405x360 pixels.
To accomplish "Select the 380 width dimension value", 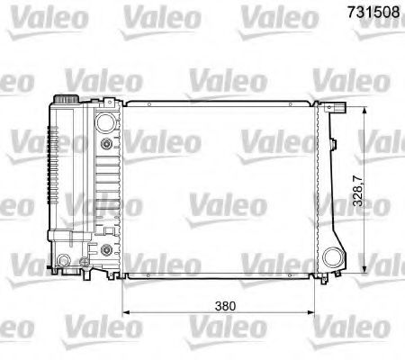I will (x=227, y=306).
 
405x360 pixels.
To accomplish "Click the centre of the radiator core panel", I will (x=221, y=190).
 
